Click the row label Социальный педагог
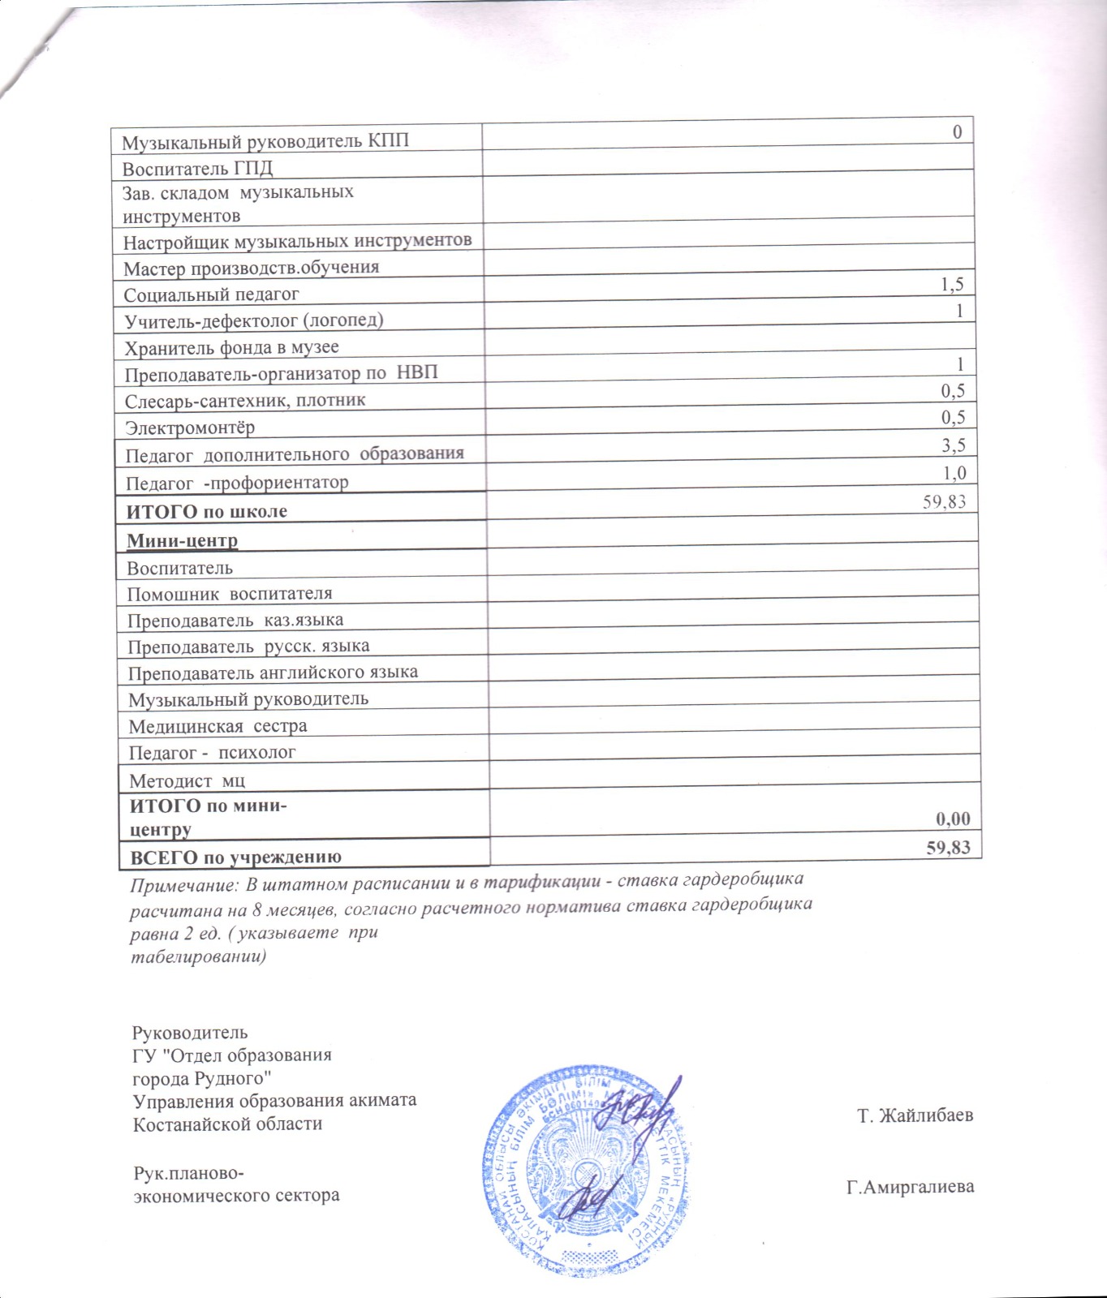[212, 294]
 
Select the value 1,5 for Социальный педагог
[952, 284]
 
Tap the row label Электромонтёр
[190, 428]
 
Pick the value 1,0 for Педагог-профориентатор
[954, 473]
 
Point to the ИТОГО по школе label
[207, 512]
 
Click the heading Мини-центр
[183, 540]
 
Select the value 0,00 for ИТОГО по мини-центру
[950, 819]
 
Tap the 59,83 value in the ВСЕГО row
[949, 848]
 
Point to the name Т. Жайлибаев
[915, 1115]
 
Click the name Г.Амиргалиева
[910, 1188]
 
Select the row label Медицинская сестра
[218, 726]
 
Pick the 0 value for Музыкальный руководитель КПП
[958, 132]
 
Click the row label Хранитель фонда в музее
[231, 348]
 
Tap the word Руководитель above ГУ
[190, 1033]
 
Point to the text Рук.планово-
[189, 1174]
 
